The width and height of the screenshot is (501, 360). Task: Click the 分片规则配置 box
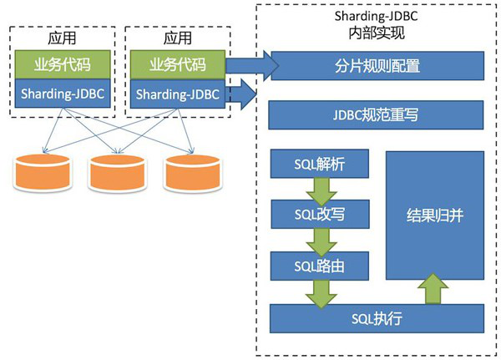coord(376,64)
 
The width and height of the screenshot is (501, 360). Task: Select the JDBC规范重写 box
coord(376,114)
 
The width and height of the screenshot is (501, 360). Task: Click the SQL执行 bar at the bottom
coord(376,318)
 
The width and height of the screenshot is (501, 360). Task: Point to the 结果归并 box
coord(434,215)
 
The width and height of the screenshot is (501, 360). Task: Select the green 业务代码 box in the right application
coord(177,64)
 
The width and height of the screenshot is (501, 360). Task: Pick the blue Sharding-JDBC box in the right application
coord(177,94)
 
